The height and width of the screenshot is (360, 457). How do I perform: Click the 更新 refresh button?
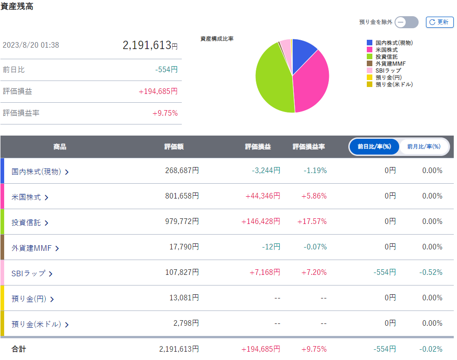439,22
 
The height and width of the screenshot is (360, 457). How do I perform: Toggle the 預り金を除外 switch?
407,22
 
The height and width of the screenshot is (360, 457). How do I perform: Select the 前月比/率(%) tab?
424,147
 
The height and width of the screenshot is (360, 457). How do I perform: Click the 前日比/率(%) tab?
374,147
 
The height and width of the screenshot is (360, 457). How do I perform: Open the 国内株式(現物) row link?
40,172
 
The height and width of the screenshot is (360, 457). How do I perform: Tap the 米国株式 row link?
30,197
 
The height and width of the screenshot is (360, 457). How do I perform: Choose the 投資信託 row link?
30,223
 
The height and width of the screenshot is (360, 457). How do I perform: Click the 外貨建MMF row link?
35,248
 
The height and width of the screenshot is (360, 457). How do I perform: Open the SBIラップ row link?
32,273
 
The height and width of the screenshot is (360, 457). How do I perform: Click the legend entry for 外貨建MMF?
386,63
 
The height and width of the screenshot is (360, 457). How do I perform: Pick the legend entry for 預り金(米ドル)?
389,84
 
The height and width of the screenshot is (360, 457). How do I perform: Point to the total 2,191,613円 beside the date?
150,45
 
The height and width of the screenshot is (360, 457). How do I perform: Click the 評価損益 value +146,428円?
260,222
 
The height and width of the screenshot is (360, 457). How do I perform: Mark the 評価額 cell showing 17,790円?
184,247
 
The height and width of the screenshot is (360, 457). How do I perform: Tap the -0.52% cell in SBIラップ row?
431,272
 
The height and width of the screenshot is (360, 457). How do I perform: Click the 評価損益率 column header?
309,147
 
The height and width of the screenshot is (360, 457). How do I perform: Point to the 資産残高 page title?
17,6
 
